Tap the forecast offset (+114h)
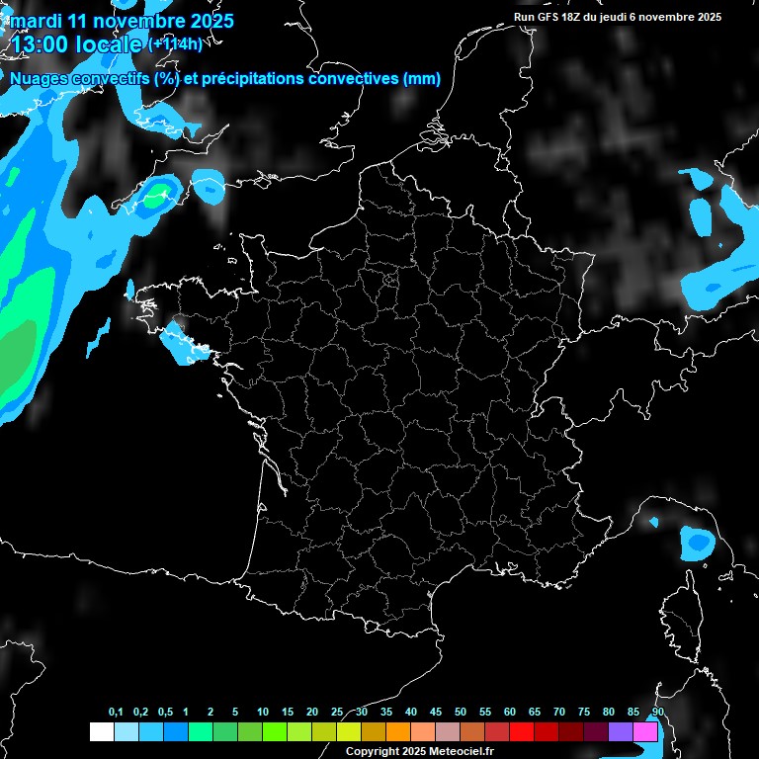[175, 43]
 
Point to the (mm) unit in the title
[422, 79]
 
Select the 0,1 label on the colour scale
[116, 713]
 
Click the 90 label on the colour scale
[657, 713]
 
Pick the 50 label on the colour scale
[461, 713]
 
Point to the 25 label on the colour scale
[337, 713]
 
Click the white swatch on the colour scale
[101, 731]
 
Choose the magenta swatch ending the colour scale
[645, 731]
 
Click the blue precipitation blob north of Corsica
[698, 543]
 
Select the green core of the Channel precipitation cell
[154, 197]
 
